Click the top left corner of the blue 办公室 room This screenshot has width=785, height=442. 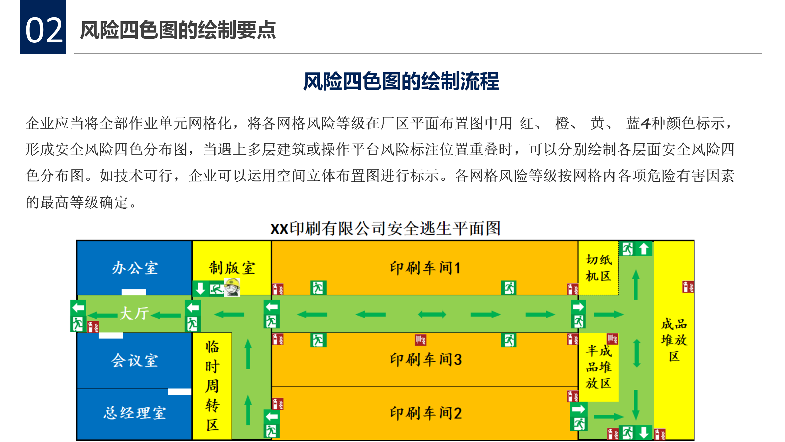tap(77, 241)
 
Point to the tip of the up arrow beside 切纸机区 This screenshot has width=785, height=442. tap(636, 270)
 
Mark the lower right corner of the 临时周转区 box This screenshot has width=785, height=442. tap(232, 439)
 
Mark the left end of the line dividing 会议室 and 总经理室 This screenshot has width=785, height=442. tap(77, 389)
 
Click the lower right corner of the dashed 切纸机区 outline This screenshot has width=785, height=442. tap(618, 295)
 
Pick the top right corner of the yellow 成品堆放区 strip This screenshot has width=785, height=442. tap(694, 241)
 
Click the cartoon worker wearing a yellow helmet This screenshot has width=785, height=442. tap(232, 287)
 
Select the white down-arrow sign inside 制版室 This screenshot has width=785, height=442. tap(200, 289)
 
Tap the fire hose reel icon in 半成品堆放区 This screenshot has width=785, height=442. tap(612, 339)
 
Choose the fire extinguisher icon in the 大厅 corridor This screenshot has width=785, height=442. tap(93, 327)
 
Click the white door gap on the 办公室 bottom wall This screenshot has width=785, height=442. tap(134, 292)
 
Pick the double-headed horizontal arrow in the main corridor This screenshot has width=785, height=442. tap(432, 314)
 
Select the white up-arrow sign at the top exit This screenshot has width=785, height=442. tap(644, 249)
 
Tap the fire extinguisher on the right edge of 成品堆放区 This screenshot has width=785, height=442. tap(688, 287)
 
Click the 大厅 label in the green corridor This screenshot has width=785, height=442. tap(134, 313)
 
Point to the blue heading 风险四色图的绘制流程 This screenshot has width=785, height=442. tap(401, 81)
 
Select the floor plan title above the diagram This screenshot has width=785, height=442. tap(385, 228)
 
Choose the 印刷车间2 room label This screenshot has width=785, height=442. tap(426, 413)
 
